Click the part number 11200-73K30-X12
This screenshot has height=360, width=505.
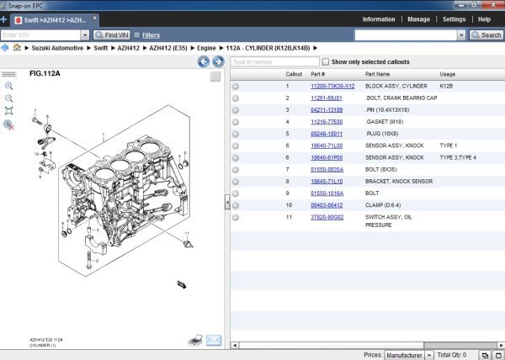tap(332, 86)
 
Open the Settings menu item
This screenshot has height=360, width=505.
tap(454, 19)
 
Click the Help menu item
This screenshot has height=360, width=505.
tap(484, 19)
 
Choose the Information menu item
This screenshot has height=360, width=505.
tap(379, 19)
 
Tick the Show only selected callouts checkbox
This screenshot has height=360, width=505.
tap(327, 62)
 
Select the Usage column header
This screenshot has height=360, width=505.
tap(448, 74)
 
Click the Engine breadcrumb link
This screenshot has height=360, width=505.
tap(207, 48)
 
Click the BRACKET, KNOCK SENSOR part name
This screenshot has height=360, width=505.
tap(399, 181)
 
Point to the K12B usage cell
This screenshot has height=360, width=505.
tap(446, 86)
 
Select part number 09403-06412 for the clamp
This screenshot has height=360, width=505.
tap(327, 204)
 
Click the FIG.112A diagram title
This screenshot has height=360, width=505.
tap(45, 74)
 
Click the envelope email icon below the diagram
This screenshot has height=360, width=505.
tap(213, 340)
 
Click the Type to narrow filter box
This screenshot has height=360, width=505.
tap(276, 62)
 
